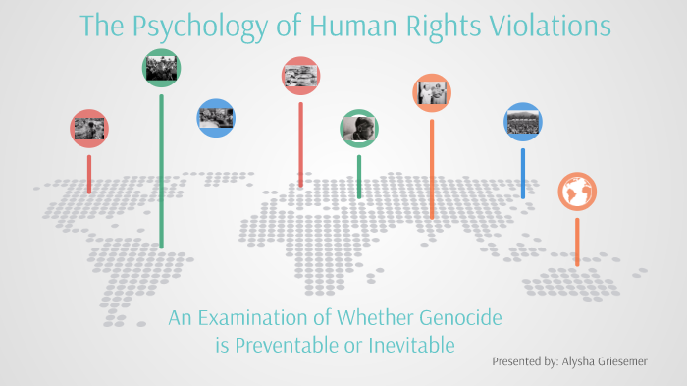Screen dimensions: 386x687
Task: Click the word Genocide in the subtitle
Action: click(x=467, y=319)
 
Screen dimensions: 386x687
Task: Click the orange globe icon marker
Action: click(x=577, y=192)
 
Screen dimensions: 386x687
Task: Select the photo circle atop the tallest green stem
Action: click(x=161, y=68)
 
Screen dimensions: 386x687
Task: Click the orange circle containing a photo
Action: click(x=432, y=92)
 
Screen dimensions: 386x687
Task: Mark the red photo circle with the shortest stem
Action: click(x=89, y=128)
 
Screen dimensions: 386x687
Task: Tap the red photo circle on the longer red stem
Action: click(x=300, y=75)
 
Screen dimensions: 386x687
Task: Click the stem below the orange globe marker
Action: click(x=577, y=241)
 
